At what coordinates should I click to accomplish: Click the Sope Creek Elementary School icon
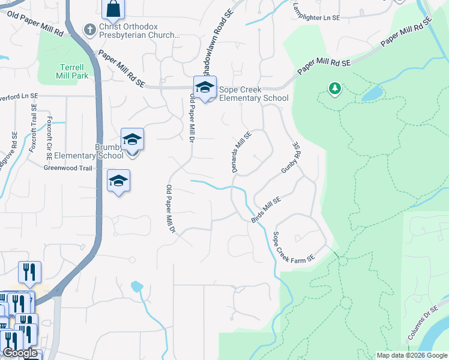205,88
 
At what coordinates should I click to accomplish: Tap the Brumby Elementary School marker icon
132,140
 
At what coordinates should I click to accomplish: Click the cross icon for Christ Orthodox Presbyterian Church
90,29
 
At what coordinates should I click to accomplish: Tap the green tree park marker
334,89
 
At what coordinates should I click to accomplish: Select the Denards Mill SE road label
241,152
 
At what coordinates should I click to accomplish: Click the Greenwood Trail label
68,168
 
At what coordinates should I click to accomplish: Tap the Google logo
20,353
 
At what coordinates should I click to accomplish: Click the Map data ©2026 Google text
411,355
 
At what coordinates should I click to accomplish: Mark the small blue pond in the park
372,93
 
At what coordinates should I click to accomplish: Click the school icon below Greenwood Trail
118,180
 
